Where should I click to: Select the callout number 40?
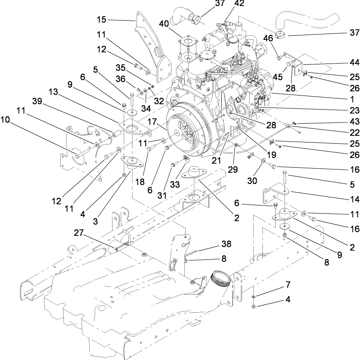[163, 24]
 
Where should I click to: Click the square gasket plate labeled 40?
[186, 44]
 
